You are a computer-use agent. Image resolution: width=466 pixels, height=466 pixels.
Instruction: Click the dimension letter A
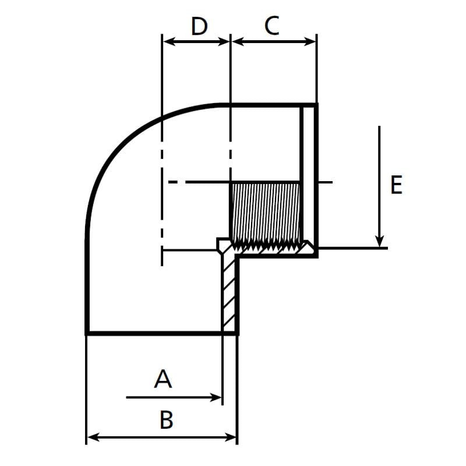163,379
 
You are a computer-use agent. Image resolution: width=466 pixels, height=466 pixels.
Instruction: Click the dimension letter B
167,419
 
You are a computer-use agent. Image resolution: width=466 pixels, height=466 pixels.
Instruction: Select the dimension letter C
272,26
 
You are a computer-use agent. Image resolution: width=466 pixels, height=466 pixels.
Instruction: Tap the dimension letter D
199,26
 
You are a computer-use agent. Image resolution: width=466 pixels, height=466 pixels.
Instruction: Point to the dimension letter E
396,185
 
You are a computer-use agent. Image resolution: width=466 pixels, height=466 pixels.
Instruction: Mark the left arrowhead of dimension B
91,436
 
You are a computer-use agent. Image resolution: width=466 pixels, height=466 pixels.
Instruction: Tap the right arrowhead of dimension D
226,41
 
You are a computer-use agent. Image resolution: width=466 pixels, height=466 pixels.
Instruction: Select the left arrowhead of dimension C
236,41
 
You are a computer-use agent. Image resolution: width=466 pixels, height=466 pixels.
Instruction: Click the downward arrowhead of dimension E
379,241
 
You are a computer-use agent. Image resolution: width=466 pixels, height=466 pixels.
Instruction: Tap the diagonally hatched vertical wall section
230,291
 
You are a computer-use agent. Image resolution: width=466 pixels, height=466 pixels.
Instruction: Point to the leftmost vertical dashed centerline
161,175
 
